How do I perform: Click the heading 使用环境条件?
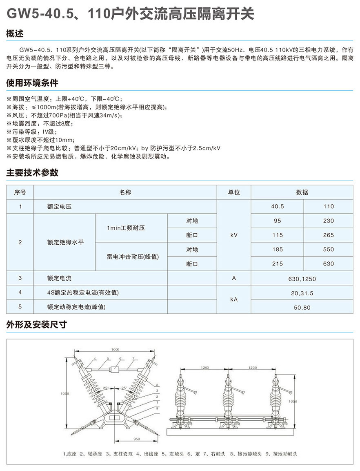click(x=32, y=83)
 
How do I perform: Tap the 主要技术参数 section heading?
click(x=32, y=173)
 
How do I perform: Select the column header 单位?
click(x=233, y=192)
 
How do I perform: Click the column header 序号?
click(x=20, y=192)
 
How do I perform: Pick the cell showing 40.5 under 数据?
click(x=277, y=207)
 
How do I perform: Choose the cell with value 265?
click(x=328, y=235)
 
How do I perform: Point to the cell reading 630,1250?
click(x=302, y=279)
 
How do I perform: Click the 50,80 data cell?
click(x=302, y=307)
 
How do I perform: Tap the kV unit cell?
click(x=233, y=235)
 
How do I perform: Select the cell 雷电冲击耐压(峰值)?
click(x=131, y=257)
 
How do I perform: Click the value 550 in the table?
click(x=328, y=249)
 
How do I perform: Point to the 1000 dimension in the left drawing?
click(x=114, y=350)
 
